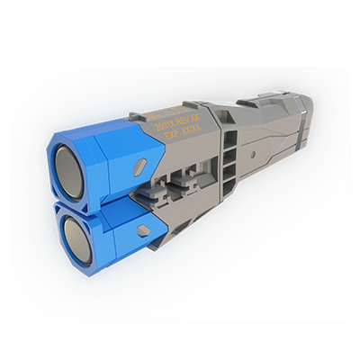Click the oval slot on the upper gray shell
point(139,166)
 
